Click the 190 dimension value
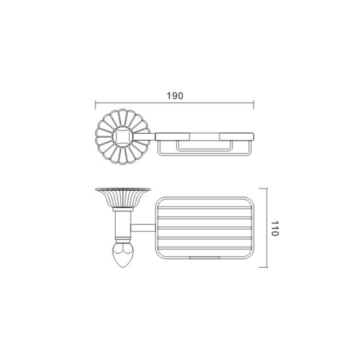(175, 96)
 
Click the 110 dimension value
(274, 229)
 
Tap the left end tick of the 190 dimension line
(95, 104)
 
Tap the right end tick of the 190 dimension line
(253, 104)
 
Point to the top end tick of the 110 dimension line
(263, 189)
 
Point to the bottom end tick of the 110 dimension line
(263, 267)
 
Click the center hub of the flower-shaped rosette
(122, 137)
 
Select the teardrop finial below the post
(123, 255)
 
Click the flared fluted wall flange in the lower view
(123, 198)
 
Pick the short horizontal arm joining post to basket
(143, 228)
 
